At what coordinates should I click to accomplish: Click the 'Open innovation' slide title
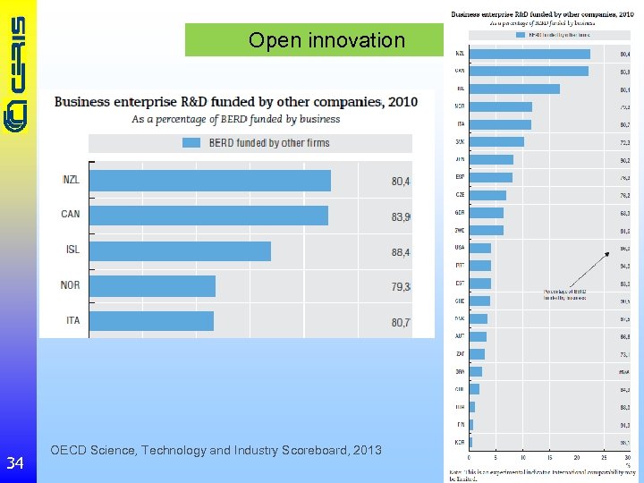coord(326,40)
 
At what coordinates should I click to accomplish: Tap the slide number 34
coord(15,463)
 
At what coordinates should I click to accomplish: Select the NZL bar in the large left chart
coord(209,181)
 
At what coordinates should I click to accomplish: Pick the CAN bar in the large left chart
coord(208,216)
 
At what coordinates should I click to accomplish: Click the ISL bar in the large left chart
coord(180,250)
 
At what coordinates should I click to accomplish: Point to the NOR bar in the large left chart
coord(152,285)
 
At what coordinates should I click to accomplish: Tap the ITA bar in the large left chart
coord(151,320)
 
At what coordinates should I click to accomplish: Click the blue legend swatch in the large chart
coord(191,143)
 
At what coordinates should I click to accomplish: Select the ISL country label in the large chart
coord(72,250)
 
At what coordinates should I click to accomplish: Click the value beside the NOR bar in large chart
coord(400,286)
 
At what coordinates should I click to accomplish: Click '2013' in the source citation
coord(367,450)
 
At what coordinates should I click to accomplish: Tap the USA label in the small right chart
coord(459,248)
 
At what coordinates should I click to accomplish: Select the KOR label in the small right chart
coord(459,442)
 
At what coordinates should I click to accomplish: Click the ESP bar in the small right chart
coord(490,177)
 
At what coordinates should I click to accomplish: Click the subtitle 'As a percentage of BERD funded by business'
coord(236,119)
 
